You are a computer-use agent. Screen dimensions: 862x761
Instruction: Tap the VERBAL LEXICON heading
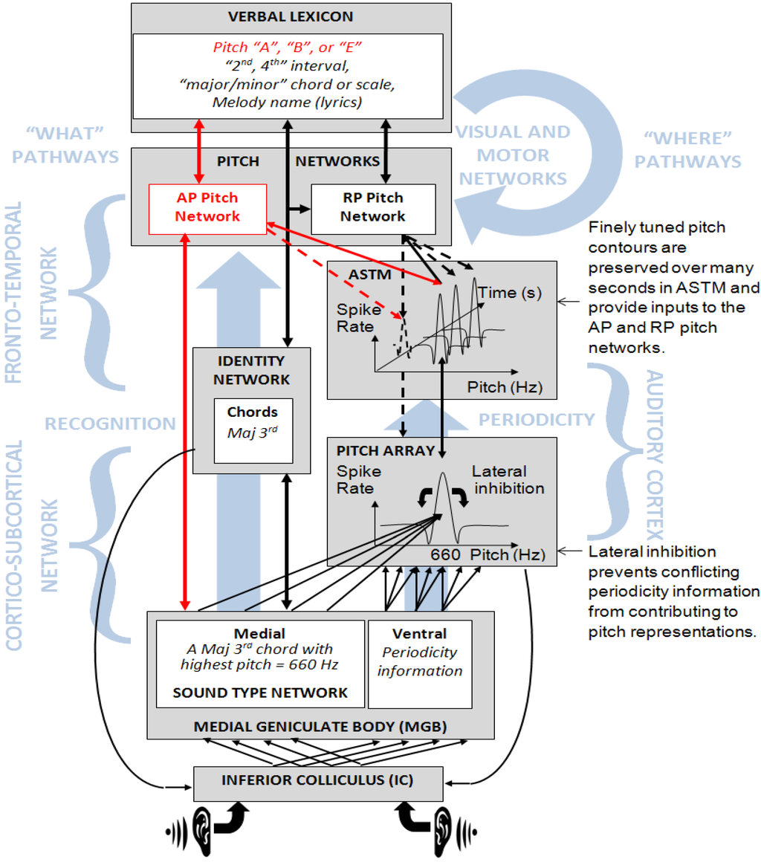point(291,16)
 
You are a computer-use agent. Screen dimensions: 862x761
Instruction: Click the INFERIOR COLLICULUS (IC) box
point(318,781)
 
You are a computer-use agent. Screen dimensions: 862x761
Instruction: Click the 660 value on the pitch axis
point(445,555)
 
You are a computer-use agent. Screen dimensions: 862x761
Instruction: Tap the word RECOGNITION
point(110,424)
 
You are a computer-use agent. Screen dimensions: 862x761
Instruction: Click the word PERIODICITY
point(537,420)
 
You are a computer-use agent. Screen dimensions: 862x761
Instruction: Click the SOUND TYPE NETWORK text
point(260,693)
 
